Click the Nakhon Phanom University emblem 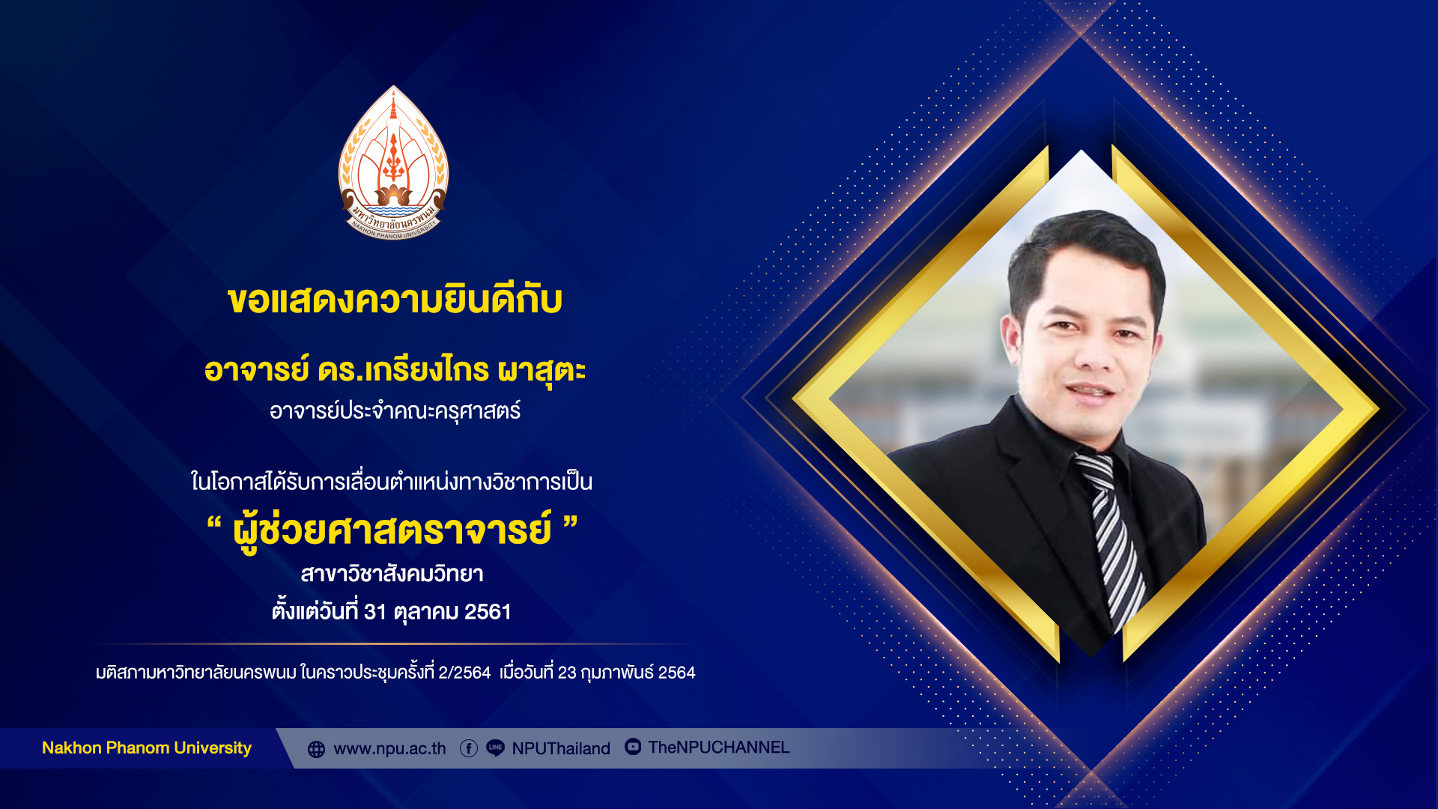coord(393,163)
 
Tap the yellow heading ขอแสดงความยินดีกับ coord(395,300)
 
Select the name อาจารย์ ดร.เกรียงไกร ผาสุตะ coord(395,371)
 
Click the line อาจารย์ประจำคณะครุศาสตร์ coord(395,410)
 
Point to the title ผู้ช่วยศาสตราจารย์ coord(392,530)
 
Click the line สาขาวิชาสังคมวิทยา coord(392,575)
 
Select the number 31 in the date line coord(374,612)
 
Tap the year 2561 coord(488,612)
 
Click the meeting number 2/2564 coord(464,673)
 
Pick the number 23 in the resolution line coord(567,673)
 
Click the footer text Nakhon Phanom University coord(147,748)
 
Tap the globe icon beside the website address coord(316,749)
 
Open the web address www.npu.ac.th coord(389,749)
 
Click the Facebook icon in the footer coord(469,748)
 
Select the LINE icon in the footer coord(495,748)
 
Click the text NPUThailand coord(561,748)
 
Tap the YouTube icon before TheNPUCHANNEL coord(633,747)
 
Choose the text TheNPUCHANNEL coord(719,748)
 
